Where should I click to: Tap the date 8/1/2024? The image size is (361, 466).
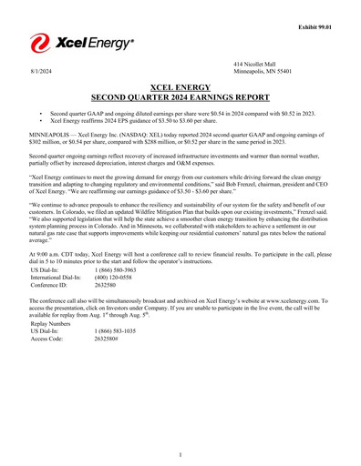coord(40,70)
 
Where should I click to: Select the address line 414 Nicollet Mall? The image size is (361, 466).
coord(254,63)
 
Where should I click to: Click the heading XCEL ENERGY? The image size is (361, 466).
coord(180,84)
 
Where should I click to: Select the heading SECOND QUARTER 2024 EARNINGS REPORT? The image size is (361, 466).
coord(180,94)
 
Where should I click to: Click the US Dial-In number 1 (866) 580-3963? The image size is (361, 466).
coord(117,270)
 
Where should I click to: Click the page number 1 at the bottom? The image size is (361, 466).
coord(180,454)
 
